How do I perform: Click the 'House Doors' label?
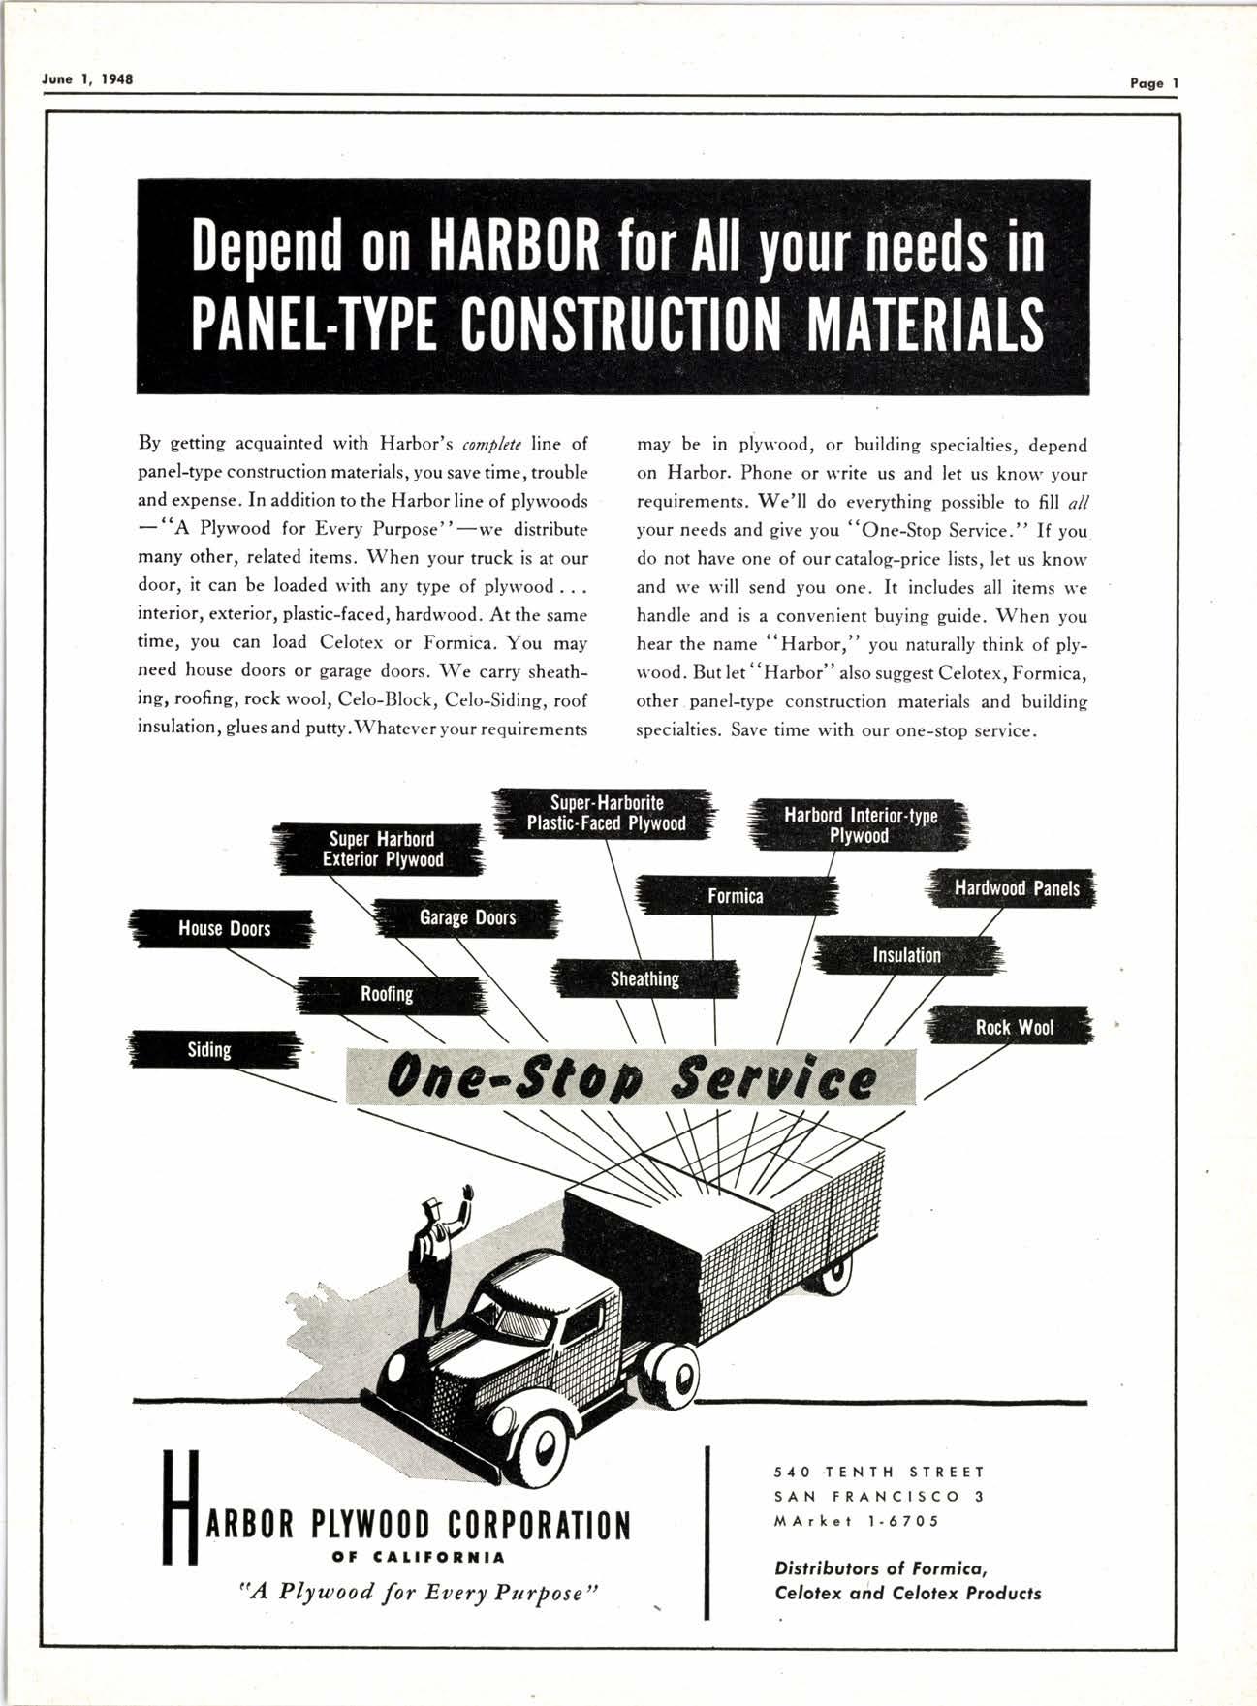click(223, 929)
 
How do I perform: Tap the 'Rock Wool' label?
click(1013, 1027)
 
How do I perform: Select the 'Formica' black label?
click(735, 896)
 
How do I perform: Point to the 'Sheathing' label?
click(644, 979)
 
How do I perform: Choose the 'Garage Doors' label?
click(467, 917)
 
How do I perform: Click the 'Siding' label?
click(209, 1050)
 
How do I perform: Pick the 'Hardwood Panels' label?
click(1016, 888)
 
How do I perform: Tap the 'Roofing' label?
click(387, 994)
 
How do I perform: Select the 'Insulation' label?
click(906, 955)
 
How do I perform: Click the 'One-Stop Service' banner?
click(630, 1077)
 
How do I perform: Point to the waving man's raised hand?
click(469, 1193)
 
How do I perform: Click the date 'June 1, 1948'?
click(88, 78)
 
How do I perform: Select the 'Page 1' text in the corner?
click(1153, 83)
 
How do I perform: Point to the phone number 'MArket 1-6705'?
click(856, 1521)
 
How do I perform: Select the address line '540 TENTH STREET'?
click(879, 1472)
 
